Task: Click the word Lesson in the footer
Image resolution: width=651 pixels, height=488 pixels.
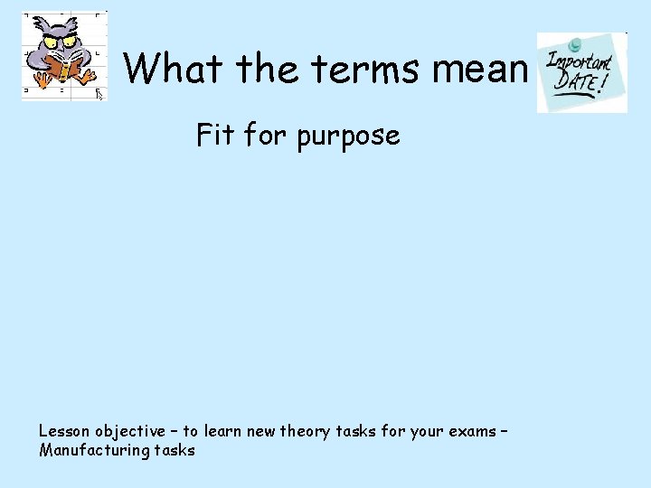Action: tap(64, 430)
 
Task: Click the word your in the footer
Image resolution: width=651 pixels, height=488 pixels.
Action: tap(425, 431)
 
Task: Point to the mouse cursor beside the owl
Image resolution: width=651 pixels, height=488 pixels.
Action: tap(100, 93)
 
